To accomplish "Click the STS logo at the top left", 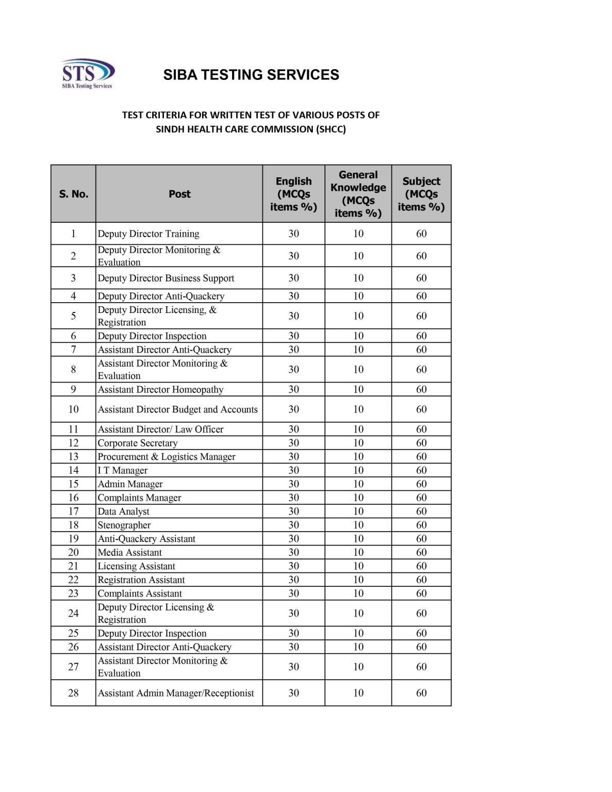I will click(87, 74).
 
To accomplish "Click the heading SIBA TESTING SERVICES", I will click(251, 75).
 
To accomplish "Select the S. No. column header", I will click(73, 194).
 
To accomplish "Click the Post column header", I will click(179, 194).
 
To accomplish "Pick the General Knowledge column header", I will click(358, 194).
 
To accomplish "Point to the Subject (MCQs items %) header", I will click(421, 194).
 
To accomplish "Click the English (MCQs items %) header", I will click(293, 194).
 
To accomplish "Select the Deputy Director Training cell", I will click(148, 234).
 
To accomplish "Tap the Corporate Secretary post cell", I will click(138, 443).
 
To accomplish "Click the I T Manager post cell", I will click(123, 471).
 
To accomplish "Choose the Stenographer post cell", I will click(124, 525).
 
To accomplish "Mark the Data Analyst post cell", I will click(124, 511).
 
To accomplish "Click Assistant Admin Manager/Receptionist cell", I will click(176, 694).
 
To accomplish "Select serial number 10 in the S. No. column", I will click(73, 409).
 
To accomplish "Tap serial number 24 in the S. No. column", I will click(73, 614).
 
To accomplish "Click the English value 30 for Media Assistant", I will click(293, 553).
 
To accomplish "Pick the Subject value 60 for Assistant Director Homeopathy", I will click(421, 390).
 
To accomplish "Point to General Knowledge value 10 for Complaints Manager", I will click(358, 498).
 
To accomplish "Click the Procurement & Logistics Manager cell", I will click(167, 457).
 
